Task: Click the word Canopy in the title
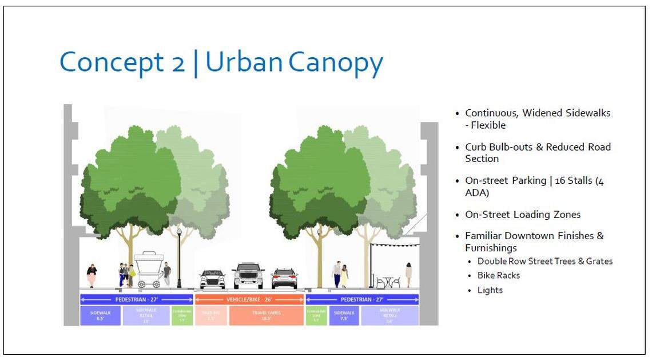[336, 62]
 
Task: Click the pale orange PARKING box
[211, 315]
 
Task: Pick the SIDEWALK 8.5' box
[100, 315]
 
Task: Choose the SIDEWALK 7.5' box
[344, 315]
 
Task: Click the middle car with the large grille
[248, 276]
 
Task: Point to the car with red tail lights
[284, 278]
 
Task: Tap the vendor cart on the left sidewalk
[149, 269]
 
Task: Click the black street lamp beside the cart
[179, 258]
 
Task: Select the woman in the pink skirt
[92, 275]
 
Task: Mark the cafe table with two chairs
[387, 282]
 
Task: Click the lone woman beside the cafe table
[408, 275]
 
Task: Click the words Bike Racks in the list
[499, 275]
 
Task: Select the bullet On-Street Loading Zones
[522, 215]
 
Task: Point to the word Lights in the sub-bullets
[490, 290]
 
